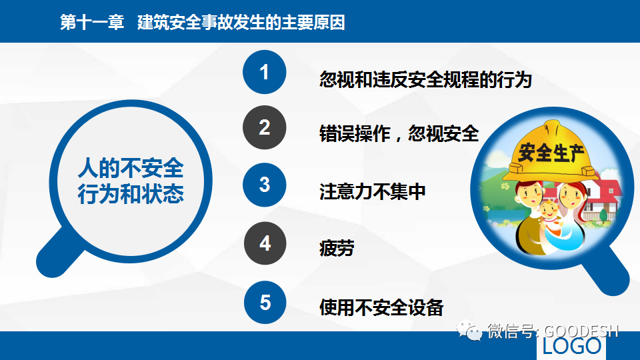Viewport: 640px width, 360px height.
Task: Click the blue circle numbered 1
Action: click(265, 72)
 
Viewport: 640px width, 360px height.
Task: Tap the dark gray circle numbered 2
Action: click(265, 127)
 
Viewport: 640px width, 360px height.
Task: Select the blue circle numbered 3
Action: click(265, 185)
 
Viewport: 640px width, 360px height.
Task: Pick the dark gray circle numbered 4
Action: click(265, 243)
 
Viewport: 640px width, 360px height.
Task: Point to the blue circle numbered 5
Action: click(265, 303)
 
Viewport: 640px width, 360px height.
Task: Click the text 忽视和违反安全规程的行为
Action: click(426, 79)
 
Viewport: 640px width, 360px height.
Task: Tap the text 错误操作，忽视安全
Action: click(399, 133)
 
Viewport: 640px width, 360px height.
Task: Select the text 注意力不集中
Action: click(372, 191)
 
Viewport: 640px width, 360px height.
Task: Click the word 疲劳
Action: click(337, 248)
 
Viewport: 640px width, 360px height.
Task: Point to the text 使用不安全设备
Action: click(381, 307)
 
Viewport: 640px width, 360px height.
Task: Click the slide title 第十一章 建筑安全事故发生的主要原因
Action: click(203, 22)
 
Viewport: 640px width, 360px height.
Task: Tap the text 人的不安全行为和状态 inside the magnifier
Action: click(131, 181)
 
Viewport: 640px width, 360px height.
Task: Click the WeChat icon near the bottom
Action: click(469, 330)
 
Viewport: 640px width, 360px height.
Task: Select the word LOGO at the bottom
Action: click(572, 346)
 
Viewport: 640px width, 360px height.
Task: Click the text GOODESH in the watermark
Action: click(581, 331)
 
